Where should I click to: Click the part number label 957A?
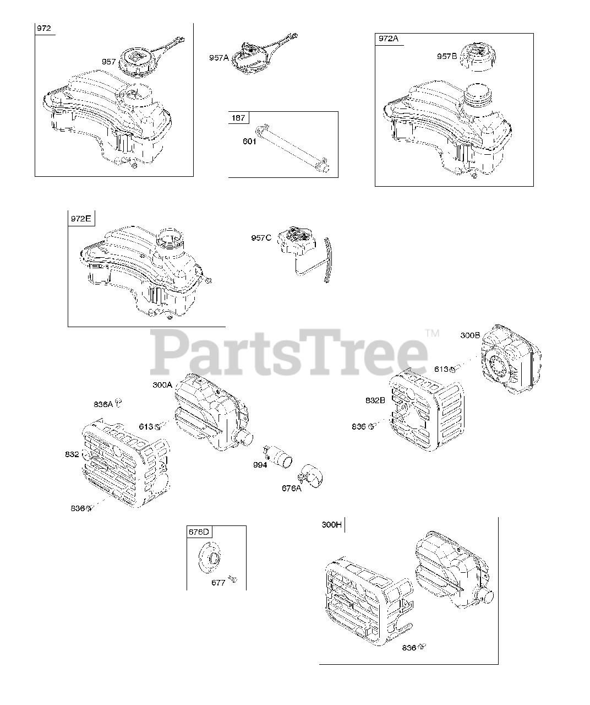(218, 57)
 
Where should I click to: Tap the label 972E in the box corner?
(80, 219)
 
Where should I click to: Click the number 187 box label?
(239, 117)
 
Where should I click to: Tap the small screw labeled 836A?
(118, 403)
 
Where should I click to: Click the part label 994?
(260, 465)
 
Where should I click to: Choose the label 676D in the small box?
(199, 532)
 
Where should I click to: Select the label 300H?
(332, 525)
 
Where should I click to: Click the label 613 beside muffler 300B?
(441, 369)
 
